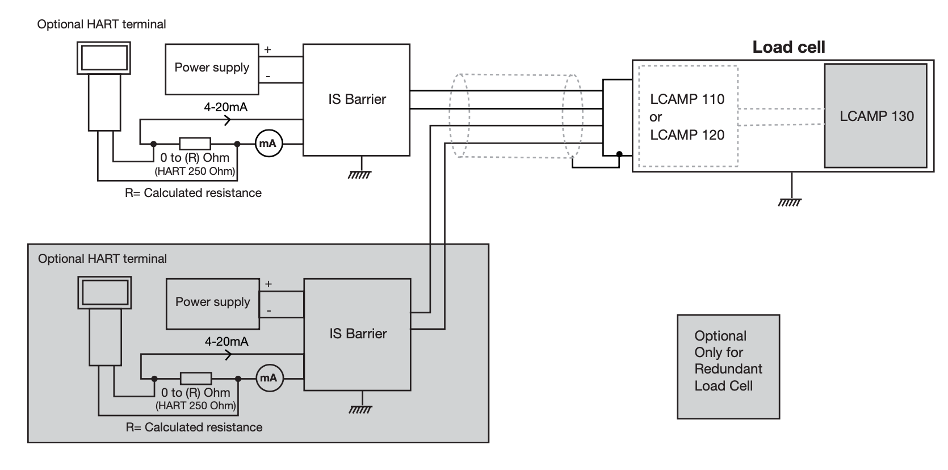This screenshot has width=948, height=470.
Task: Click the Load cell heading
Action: (788, 47)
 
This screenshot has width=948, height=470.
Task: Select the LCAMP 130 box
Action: (876, 116)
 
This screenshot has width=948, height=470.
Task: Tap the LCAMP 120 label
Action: (687, 135)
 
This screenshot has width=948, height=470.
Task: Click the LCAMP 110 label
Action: (687, 99)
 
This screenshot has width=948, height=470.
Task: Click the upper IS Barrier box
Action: (356, 99)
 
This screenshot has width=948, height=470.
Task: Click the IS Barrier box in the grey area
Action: (358, 334)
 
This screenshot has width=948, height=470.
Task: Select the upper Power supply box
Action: (212, 68)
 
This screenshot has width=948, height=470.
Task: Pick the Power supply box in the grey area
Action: (212, 303)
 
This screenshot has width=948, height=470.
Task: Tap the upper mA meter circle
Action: (268, 144)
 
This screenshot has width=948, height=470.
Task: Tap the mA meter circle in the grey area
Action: (269, 378)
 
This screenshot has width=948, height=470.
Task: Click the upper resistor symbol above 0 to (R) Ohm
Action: (195, 144)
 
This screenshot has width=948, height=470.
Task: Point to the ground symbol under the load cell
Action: (790, 201)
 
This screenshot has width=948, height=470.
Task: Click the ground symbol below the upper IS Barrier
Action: (359, 174)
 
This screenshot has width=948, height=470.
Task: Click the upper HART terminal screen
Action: (104, 57)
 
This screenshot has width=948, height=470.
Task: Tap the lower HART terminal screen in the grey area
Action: (104, 292)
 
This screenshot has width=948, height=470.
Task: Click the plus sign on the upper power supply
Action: (267, 49)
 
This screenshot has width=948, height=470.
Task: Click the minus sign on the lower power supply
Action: (269, 310)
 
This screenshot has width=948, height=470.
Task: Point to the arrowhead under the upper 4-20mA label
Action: (228, 120)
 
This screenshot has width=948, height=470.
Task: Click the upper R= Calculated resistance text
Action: (193, 193)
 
